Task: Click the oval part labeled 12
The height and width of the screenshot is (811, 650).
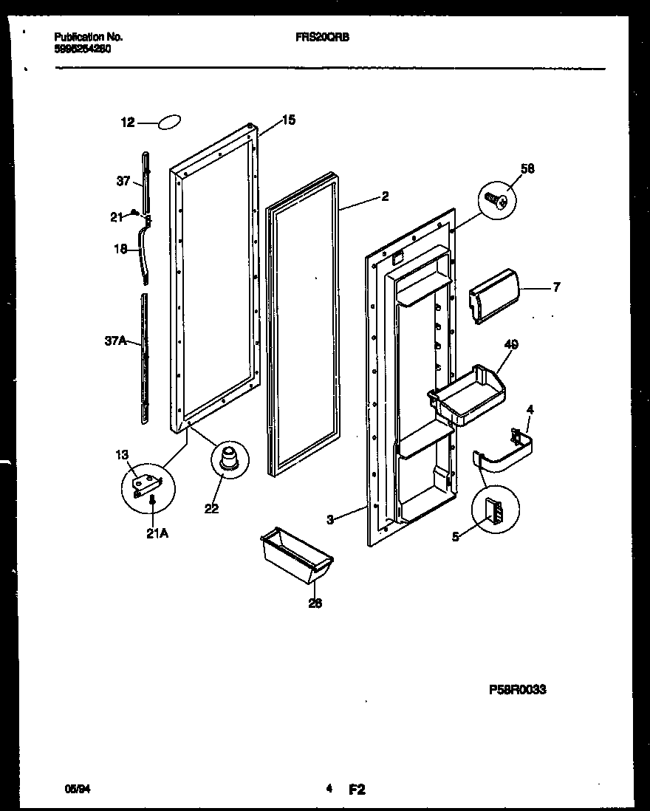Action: tap(169, 123)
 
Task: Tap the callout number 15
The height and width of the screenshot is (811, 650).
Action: tap(288, 120)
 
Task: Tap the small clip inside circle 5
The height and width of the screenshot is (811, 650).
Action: tap(493, 510)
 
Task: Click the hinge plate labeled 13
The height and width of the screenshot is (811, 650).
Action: tap(146, 483)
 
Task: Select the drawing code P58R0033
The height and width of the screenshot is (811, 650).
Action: tap(517, 690)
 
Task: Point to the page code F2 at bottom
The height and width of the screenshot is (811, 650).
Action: tap(357, 790)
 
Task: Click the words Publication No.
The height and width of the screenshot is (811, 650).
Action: tap(89, 36)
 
